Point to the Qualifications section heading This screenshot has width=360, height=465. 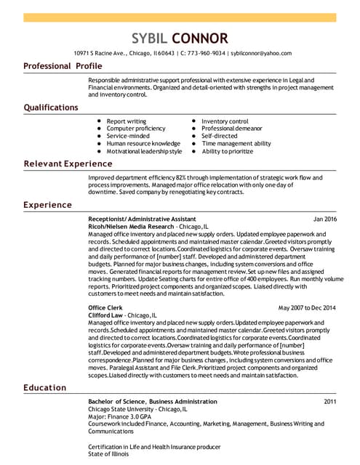(51, 108)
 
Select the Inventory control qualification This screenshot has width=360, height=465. (225, 121)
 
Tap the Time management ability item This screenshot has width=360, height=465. (236, 144)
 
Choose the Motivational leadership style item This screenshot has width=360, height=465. (144, 151)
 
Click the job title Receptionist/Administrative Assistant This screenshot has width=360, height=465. (142, 219)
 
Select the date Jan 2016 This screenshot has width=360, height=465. (325, 219)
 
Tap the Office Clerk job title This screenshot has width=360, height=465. (105, 308)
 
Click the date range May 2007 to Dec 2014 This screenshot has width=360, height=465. (307, 308)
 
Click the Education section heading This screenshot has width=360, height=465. (45, 387)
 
